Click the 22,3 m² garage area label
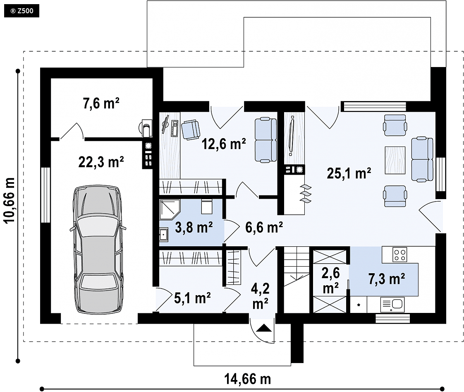(x=101, y=162)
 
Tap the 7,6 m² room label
(x=101, y=103)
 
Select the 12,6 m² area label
(x=223, y=144)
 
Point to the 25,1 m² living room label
(x=349, y=173)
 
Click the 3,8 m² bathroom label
(x=194, y=227)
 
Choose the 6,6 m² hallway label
(x=264, y=227)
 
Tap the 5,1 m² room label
(x=192, y=298)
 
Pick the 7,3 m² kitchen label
(x=387, y=279)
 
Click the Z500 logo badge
(x=22, y=11)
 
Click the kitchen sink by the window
(x=392, y=305)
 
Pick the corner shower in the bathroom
(x=170, y=210)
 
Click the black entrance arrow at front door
(x=264, y=328)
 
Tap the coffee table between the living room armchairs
(x=395, y=160)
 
